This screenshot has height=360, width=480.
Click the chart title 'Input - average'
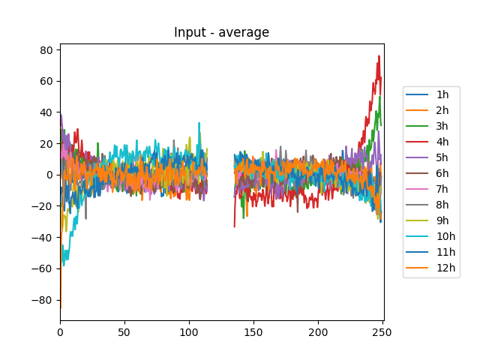(221, 32)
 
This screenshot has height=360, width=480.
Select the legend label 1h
(442, 94)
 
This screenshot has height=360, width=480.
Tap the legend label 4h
(442, 142)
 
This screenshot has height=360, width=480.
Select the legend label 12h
(445, 268)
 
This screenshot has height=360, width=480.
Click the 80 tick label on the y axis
(46, 50)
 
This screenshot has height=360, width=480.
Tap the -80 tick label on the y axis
(43, 300)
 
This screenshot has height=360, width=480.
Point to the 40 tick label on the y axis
(46, 112)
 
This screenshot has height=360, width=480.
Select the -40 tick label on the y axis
(43, 238)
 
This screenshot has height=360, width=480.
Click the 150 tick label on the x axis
(253, 331)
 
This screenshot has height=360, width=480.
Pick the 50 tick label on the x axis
(124, 331)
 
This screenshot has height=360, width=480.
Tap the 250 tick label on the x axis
(382, 331)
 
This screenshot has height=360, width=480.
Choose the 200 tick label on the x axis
(318, 331)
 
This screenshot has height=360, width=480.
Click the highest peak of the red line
(379, 55)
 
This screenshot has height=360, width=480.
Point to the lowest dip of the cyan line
(64, 265)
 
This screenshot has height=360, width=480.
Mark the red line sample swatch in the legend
(416, 142)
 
